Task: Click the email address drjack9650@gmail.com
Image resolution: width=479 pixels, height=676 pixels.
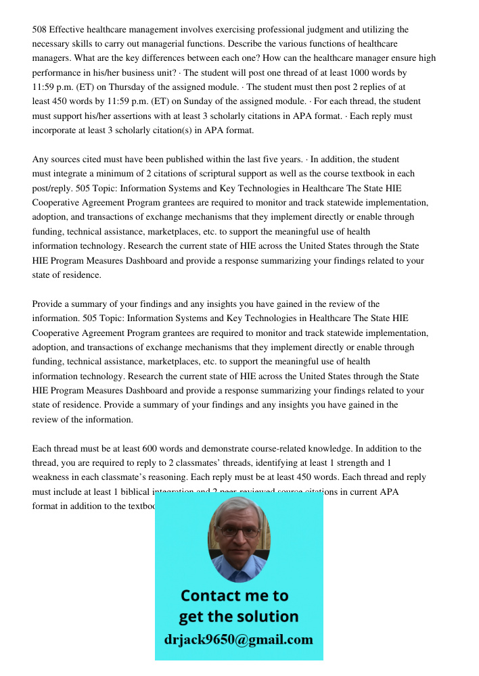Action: (239, 639)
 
